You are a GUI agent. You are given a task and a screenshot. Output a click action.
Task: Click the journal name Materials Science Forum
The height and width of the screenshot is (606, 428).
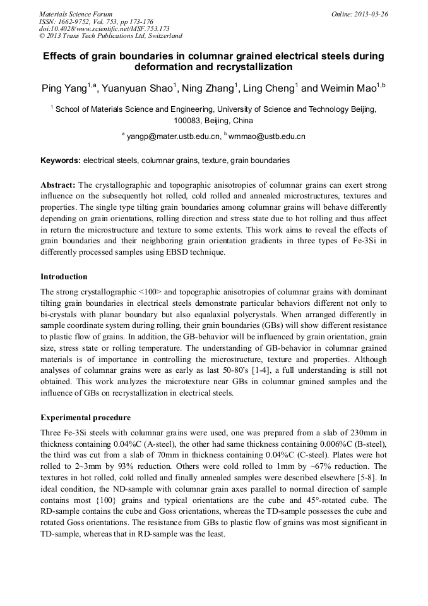click(76, 13)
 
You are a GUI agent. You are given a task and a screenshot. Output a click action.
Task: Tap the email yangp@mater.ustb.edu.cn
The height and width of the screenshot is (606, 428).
click(174, 136)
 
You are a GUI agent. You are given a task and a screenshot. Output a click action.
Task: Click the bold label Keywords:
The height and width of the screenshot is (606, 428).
click(61, 161)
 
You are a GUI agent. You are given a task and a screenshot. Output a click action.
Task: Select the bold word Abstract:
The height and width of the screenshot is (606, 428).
click(58, 185)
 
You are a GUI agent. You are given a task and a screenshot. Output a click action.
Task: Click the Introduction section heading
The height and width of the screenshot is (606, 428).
click(64, 276)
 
